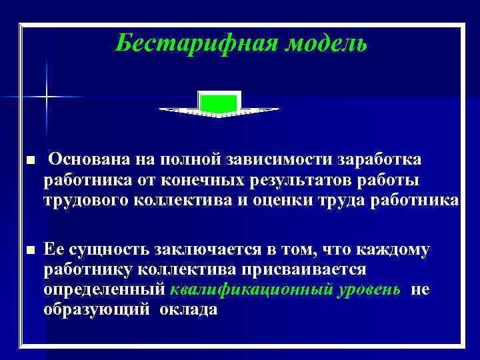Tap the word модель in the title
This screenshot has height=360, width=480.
coord(327,44)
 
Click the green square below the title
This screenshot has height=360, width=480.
coord(219,104)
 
